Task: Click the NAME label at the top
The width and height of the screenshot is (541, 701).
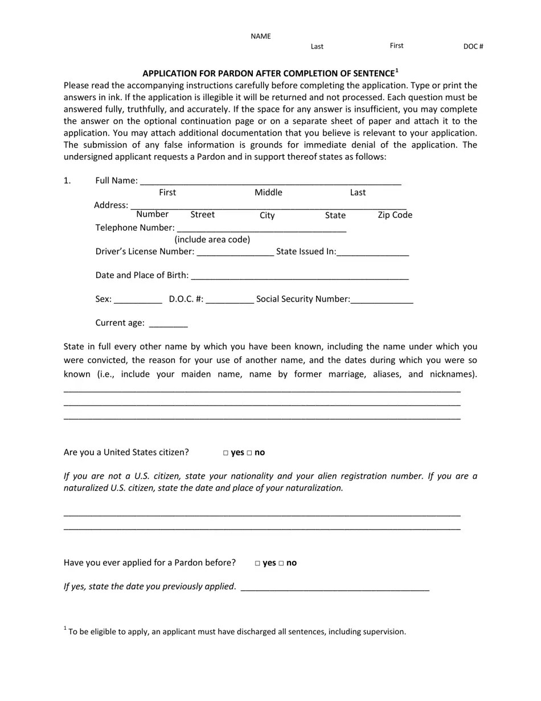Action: click(261, 36)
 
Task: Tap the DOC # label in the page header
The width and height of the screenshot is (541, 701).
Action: click(473, 47)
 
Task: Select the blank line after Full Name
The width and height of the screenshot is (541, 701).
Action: click(270, 181)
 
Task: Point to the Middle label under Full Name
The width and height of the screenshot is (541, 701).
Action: click(268, 193)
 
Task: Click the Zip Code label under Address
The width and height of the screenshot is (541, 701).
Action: click(395, 215)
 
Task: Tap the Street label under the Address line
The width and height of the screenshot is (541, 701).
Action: click(202, 215)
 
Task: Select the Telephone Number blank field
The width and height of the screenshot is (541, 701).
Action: click(261, 229)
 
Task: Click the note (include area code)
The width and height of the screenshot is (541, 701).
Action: click(212, 240)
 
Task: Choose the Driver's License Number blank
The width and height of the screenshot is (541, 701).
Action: click(235, 252)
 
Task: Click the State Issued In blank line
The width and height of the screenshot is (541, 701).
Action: click(373, 252)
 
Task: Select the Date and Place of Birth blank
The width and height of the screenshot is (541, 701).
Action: click(300, 276)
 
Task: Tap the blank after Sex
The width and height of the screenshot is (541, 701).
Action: click(138, 300)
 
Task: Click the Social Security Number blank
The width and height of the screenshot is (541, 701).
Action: click(382, 300)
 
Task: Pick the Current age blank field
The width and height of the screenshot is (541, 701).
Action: click(168, 324)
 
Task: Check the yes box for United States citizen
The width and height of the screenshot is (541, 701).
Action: click(226, 453)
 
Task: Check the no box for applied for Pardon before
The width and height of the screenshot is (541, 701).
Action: click(281, 564)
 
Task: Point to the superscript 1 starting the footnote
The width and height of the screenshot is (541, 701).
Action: click(65, 629)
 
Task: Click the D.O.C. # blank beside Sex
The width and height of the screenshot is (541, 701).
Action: click(229, 300)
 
